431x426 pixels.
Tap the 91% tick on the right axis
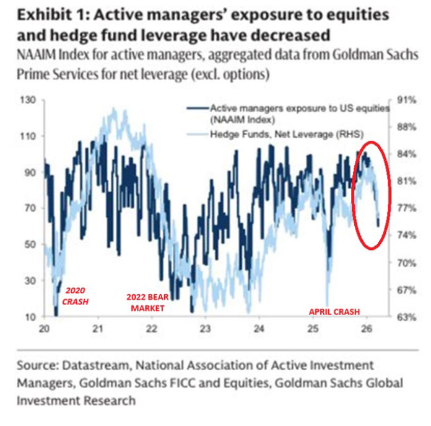[x=396, y=100]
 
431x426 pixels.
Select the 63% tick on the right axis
[x=396, y=317]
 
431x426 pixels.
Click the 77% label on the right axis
[x=396, y=208]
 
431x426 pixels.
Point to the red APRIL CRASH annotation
[x=335, y=311]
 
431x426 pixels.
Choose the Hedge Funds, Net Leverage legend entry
[x=286, y=133]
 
